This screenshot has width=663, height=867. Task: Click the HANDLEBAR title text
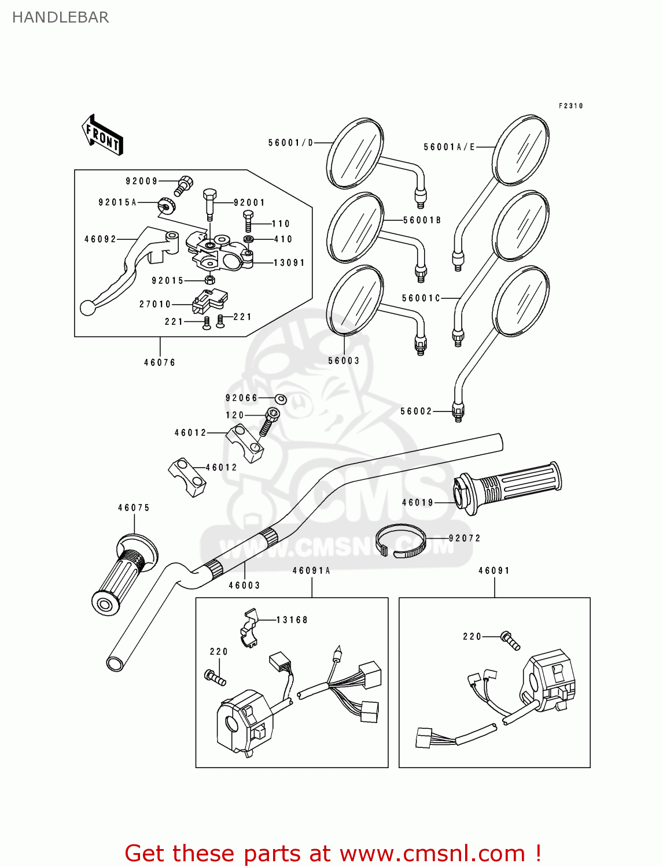pos(60,17)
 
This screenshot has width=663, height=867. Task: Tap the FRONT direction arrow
pos(102,136)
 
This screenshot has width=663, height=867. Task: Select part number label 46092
pos(100,239)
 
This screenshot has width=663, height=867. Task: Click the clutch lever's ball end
pos(88,307)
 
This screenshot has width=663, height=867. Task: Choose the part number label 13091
pos(289,263)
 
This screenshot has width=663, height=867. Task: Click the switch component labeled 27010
pos(209,300)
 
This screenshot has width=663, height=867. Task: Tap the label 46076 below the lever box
pos(160,363)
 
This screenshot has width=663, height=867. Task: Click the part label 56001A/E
pos(449,147)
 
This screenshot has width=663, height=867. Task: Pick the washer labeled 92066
pos(281,399)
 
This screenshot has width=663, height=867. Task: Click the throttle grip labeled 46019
pos(509,487)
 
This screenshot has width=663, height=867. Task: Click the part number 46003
pos(244,586)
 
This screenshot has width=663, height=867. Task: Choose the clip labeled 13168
pos(250,628)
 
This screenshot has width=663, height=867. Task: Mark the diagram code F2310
pos(570,106)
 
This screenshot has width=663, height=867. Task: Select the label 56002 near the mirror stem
pos(416,412)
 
